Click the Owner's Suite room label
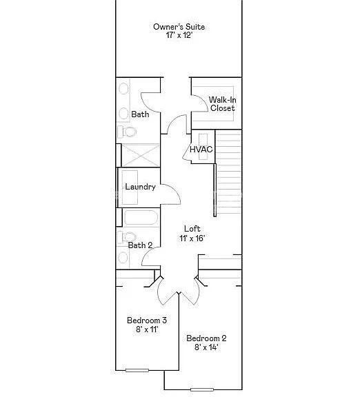(179, 27)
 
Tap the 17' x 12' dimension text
(179, 36)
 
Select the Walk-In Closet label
(222, 104)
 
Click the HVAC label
(201, 150)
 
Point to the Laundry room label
(140, 187)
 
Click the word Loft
(192, 229)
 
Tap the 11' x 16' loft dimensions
(192, 238)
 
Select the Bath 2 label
(140, 245)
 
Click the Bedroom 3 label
(147, 320)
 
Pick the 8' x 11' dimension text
(147, 330)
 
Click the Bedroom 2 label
(206, 338)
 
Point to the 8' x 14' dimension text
(206, 348)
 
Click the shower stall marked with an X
(141, 154)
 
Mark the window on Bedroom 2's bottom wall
(202, 389)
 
